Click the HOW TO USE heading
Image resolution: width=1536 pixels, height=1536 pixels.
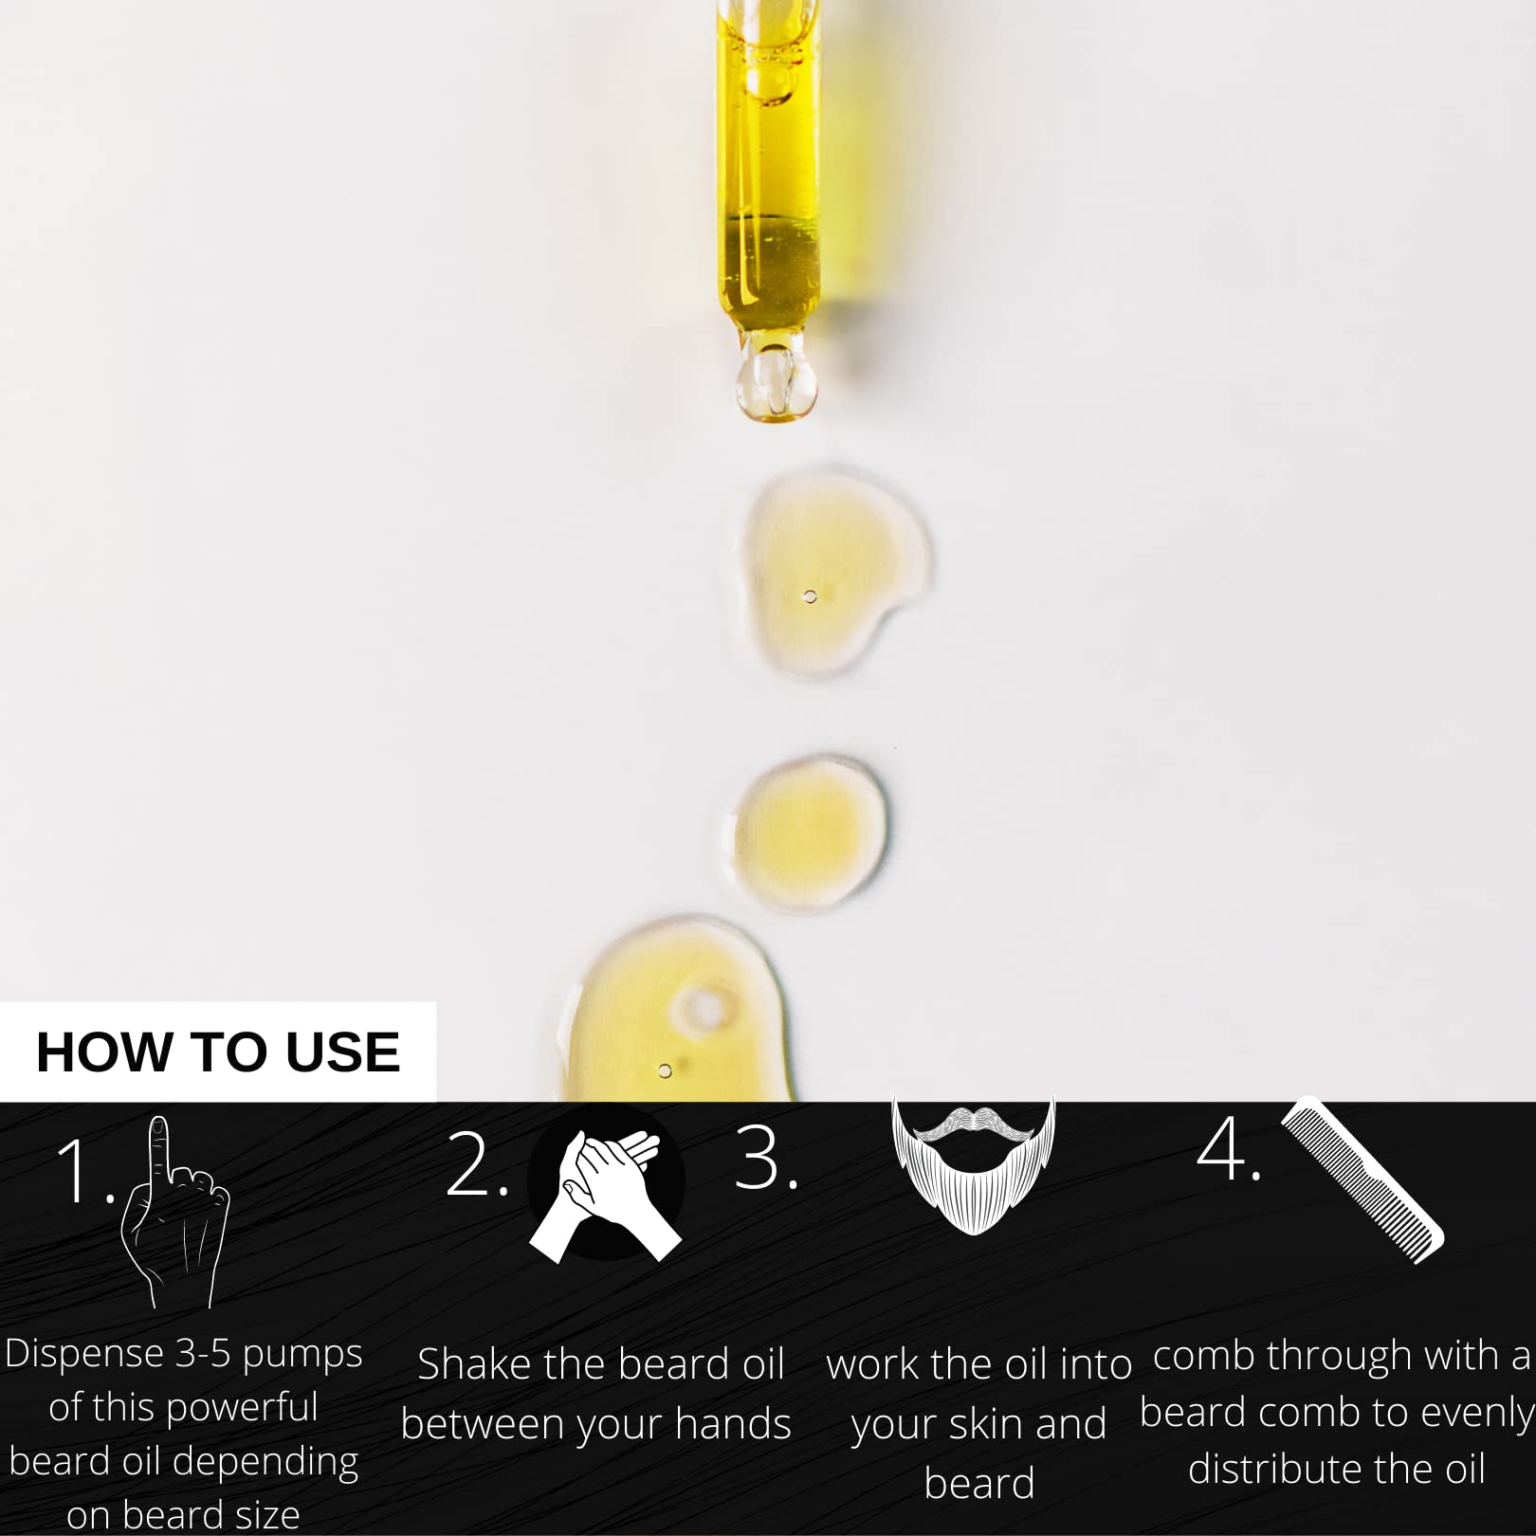218,1051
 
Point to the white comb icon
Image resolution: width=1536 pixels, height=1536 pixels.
1362,1180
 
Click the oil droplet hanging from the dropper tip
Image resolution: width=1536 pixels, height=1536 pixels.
776,383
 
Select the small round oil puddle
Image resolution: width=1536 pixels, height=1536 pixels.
812,832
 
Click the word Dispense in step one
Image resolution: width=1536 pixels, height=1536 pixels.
84,1354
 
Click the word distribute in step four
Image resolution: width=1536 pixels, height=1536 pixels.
1270,1470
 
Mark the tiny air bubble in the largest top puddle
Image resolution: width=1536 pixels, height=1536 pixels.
810,596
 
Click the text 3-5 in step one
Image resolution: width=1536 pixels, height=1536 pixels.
203,1354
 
